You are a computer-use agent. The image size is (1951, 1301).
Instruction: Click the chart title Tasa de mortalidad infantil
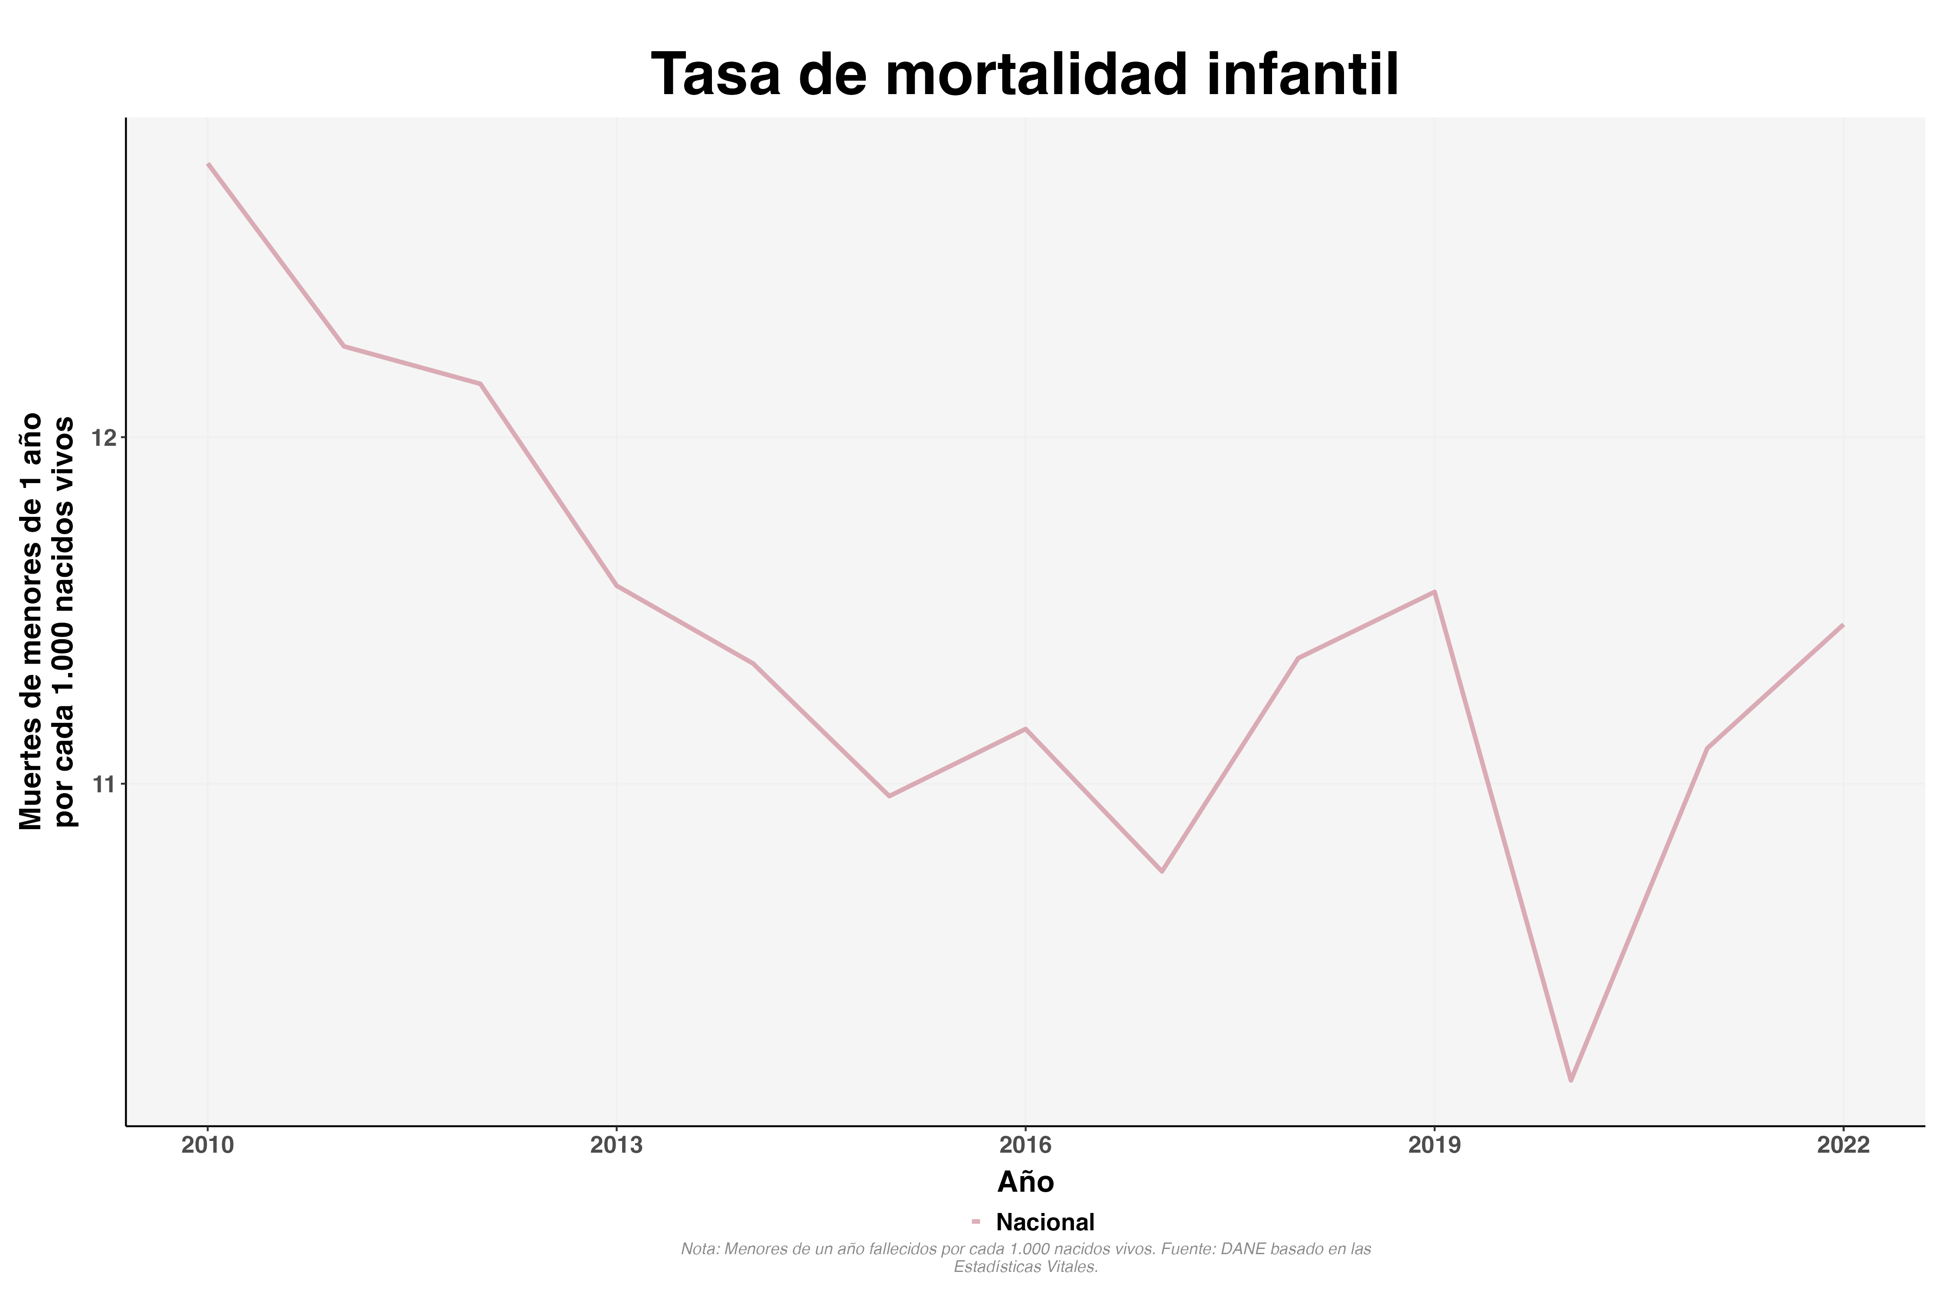click(1025, 75)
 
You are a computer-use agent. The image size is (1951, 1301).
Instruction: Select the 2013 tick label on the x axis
click(617, 1146)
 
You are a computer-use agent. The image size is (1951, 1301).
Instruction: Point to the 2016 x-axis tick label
click(1025, 1146)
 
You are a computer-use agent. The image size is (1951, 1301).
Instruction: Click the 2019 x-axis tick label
click(1434, 1146)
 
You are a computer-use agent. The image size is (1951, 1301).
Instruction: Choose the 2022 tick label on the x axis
click(1843, 1146)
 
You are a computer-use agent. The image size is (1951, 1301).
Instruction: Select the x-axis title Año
click(1025, 1182)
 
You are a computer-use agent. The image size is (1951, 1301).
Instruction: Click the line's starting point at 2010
click(208, 164)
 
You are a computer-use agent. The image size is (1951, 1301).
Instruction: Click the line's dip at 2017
click(1162, 871)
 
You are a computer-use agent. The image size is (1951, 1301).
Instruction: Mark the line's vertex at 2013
click(617, 586)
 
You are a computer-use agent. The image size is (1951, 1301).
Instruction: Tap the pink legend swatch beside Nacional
click(976, 1221)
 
